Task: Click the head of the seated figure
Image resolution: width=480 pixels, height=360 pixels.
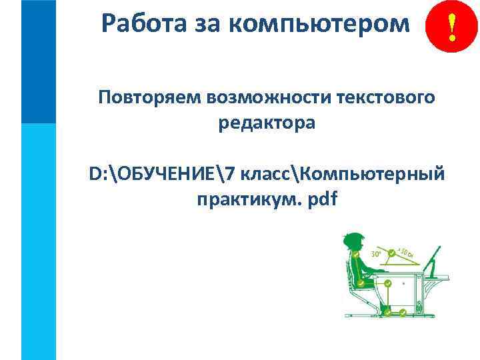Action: click(x=353, y=242)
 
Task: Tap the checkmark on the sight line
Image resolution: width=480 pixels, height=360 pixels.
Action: click(x=391, y=253)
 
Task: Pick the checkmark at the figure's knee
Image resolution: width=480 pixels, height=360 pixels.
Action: click(x=388, y=284)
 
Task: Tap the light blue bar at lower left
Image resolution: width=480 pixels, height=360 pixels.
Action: click(x=39, y=240)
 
